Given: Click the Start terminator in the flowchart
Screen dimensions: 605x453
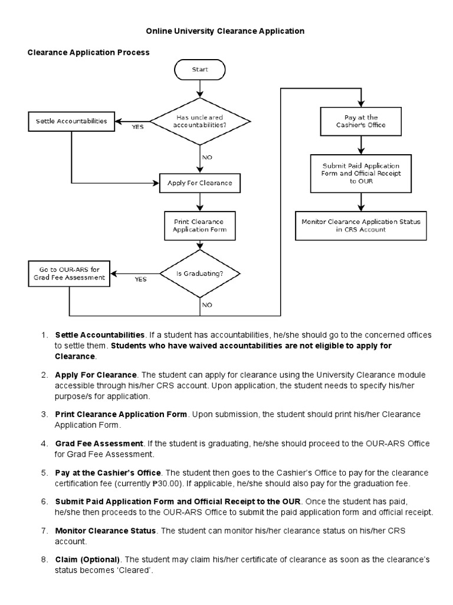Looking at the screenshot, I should [x=201, y=70].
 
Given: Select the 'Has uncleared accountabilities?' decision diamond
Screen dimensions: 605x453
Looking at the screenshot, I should [x=201, y=121].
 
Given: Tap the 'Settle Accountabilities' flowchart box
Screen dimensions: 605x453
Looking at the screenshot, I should [x=71, y=122].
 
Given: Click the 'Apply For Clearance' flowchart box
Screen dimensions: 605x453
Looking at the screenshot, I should [x=200, y=183].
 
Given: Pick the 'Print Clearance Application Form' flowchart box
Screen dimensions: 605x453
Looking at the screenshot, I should [x=200, y=225].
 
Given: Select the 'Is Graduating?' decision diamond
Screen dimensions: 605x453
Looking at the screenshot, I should [x=200, y=274].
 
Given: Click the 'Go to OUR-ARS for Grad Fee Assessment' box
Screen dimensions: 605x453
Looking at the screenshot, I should [x=70, y=274].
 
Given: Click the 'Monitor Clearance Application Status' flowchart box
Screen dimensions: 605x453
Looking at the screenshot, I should [x=361, y=225].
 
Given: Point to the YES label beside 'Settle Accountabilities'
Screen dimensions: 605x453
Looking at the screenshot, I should [x=137, y=126].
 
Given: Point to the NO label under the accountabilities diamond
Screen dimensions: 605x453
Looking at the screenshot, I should [x=207, y=157].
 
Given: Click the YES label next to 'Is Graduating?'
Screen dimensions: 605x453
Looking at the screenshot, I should [x=140, y=279].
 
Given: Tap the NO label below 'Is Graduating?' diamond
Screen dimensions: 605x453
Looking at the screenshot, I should [x=207, y=305].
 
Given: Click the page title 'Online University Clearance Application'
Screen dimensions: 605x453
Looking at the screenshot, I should [x=225, y=31].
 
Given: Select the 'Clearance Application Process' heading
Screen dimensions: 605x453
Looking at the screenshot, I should [x=89, y=53].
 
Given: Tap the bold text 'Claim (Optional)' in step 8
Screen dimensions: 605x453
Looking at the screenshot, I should [x=87, y=559].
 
